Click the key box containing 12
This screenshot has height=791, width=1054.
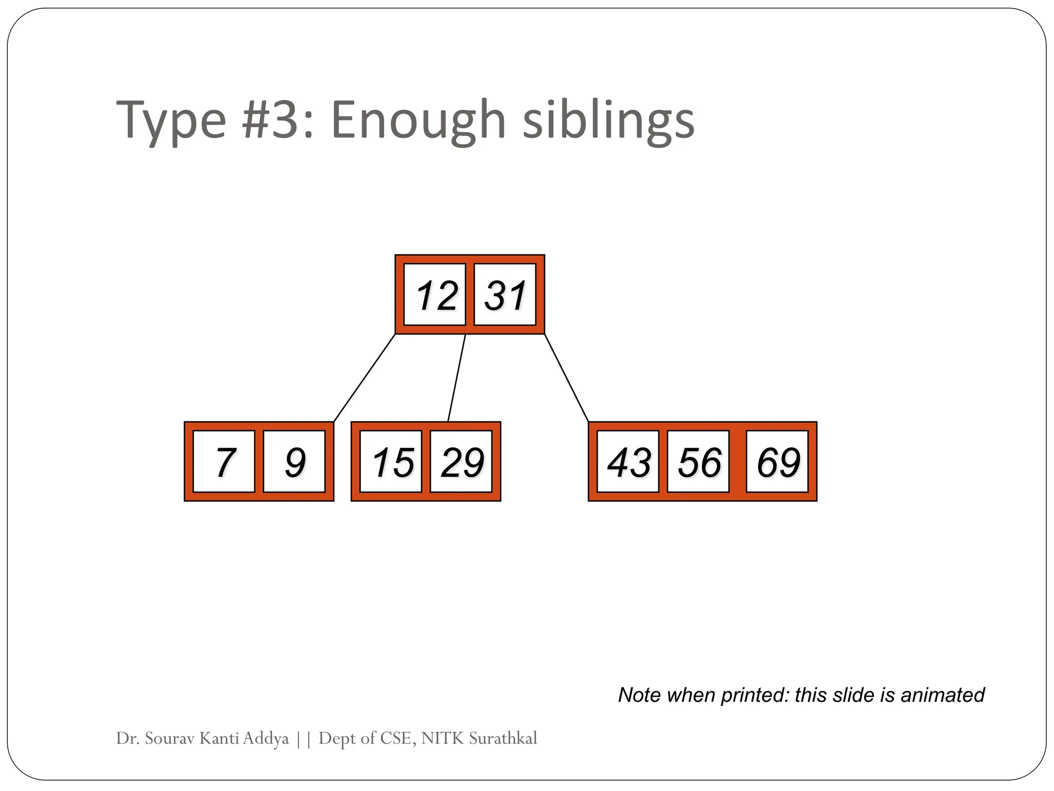[x=435, y=295]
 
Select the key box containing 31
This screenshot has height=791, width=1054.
[x=505, y=295]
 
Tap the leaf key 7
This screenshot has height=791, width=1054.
[x=224, y=461]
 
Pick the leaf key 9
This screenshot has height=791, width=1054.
[x=294, y=461]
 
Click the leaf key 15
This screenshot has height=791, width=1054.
[x=391, y=461]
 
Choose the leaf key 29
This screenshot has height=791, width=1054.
[x=461, y=461]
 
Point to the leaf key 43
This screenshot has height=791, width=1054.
[x=628, y=461]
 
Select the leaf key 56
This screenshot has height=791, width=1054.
[x=698, y=461]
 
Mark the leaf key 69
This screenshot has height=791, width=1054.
[x=777, y=461]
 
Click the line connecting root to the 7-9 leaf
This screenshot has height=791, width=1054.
[x=364, y=378]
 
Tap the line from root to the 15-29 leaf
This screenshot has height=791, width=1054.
[x=456, y=378]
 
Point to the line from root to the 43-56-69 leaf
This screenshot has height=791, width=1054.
[x=566, y=378]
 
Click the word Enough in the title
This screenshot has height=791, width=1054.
[x=418, y=121]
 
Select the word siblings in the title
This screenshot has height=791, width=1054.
[x=608, y=121]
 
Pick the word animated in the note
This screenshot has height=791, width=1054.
[x=942, y=695]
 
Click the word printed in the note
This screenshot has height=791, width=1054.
[x=754, y=695]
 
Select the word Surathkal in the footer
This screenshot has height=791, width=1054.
[x=503, y=738]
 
